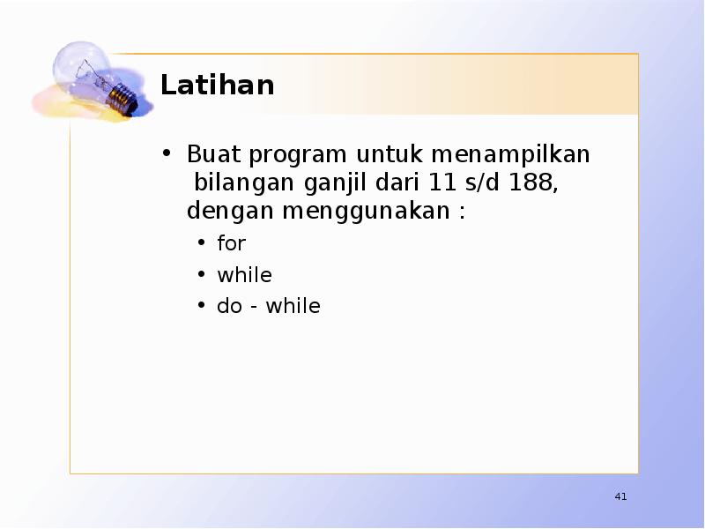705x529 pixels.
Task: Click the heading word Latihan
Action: click(217, 86)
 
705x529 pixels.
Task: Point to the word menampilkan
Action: click(511, 156)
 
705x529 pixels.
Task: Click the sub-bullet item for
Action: click(232, 243)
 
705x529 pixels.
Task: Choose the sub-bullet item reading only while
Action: click(244, 275)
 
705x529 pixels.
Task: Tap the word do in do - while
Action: click(229, 307)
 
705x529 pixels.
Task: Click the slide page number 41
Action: click(620, 498)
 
